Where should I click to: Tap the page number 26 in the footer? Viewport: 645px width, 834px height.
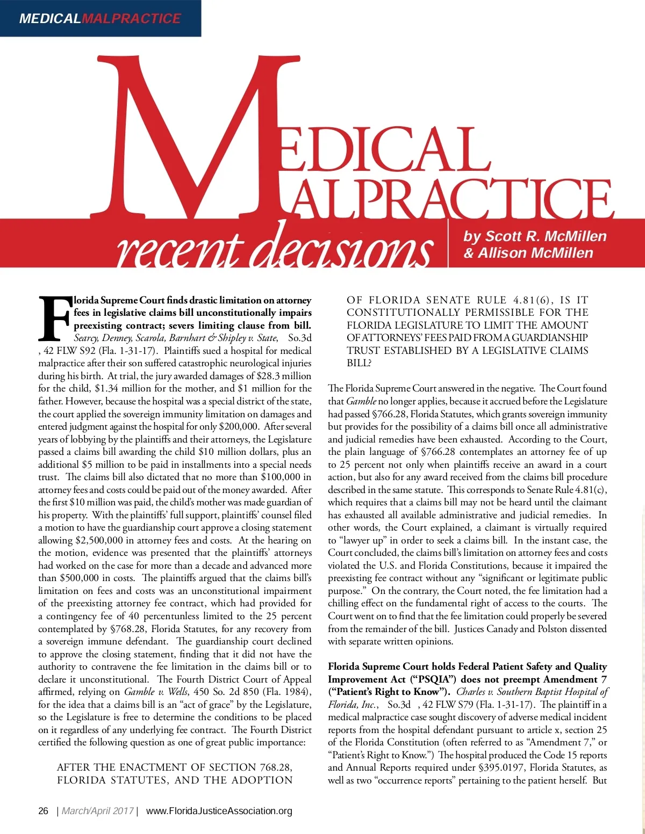tap(44, 811)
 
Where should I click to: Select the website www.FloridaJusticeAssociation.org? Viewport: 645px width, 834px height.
tap(219, 811)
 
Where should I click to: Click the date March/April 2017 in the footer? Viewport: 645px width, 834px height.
tap(97, 811)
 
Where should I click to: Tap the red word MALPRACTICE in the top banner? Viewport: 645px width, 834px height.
tap(131, 18)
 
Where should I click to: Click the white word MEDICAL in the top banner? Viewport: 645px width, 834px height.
tap(49, 18)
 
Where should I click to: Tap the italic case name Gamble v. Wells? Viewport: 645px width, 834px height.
tap(156, 692)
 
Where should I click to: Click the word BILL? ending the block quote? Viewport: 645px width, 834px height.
tap(359, 363)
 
